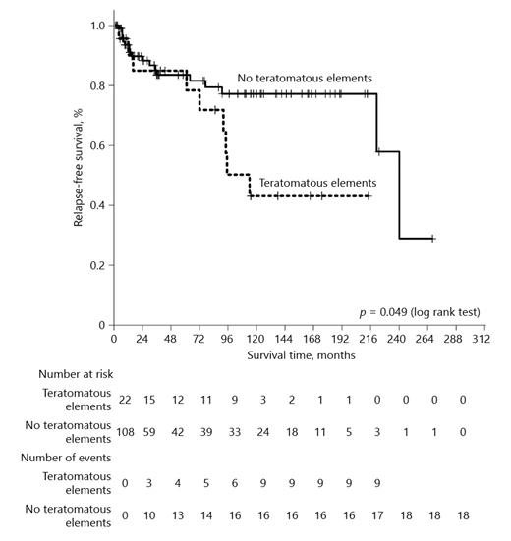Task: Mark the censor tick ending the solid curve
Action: pyautogui.click(x=432, y=238)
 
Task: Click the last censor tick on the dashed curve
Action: pyautogui.click(x=369, y=196)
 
